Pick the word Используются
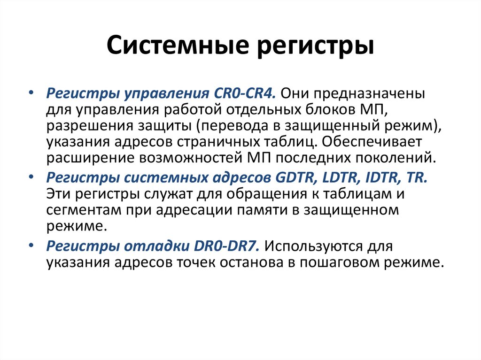tap(316, 245)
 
